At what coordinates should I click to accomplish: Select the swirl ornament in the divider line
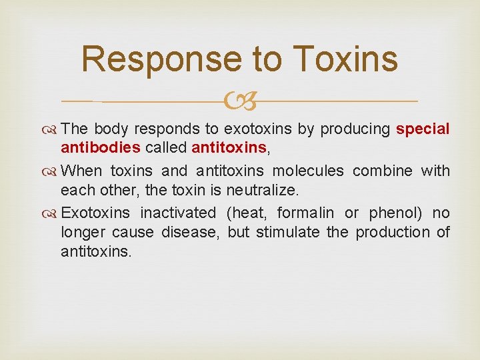[239, 101]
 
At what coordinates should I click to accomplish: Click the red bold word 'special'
[423, 129]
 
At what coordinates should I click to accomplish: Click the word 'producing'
[355, 129]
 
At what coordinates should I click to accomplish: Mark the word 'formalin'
[307, 213]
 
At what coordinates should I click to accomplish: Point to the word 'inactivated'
[178, 213]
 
